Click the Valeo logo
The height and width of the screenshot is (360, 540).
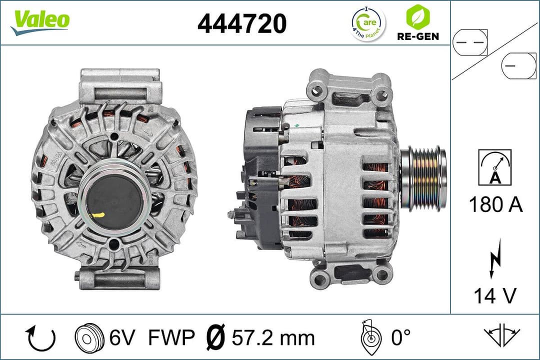[40, 21]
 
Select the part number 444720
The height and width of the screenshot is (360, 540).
[242, 23]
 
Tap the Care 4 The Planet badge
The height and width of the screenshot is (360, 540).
[368, 23]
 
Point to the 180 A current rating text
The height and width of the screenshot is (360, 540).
[495, 205]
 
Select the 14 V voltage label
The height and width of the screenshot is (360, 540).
[494, 296]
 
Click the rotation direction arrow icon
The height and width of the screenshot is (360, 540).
[40, 338]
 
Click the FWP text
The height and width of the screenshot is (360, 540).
[171, 338]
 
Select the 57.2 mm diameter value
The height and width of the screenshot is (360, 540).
[273, 338]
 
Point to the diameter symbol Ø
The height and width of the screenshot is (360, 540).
[216, 338]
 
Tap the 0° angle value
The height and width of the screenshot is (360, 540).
[400, 338]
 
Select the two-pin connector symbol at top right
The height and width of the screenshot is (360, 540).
[470, 43]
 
